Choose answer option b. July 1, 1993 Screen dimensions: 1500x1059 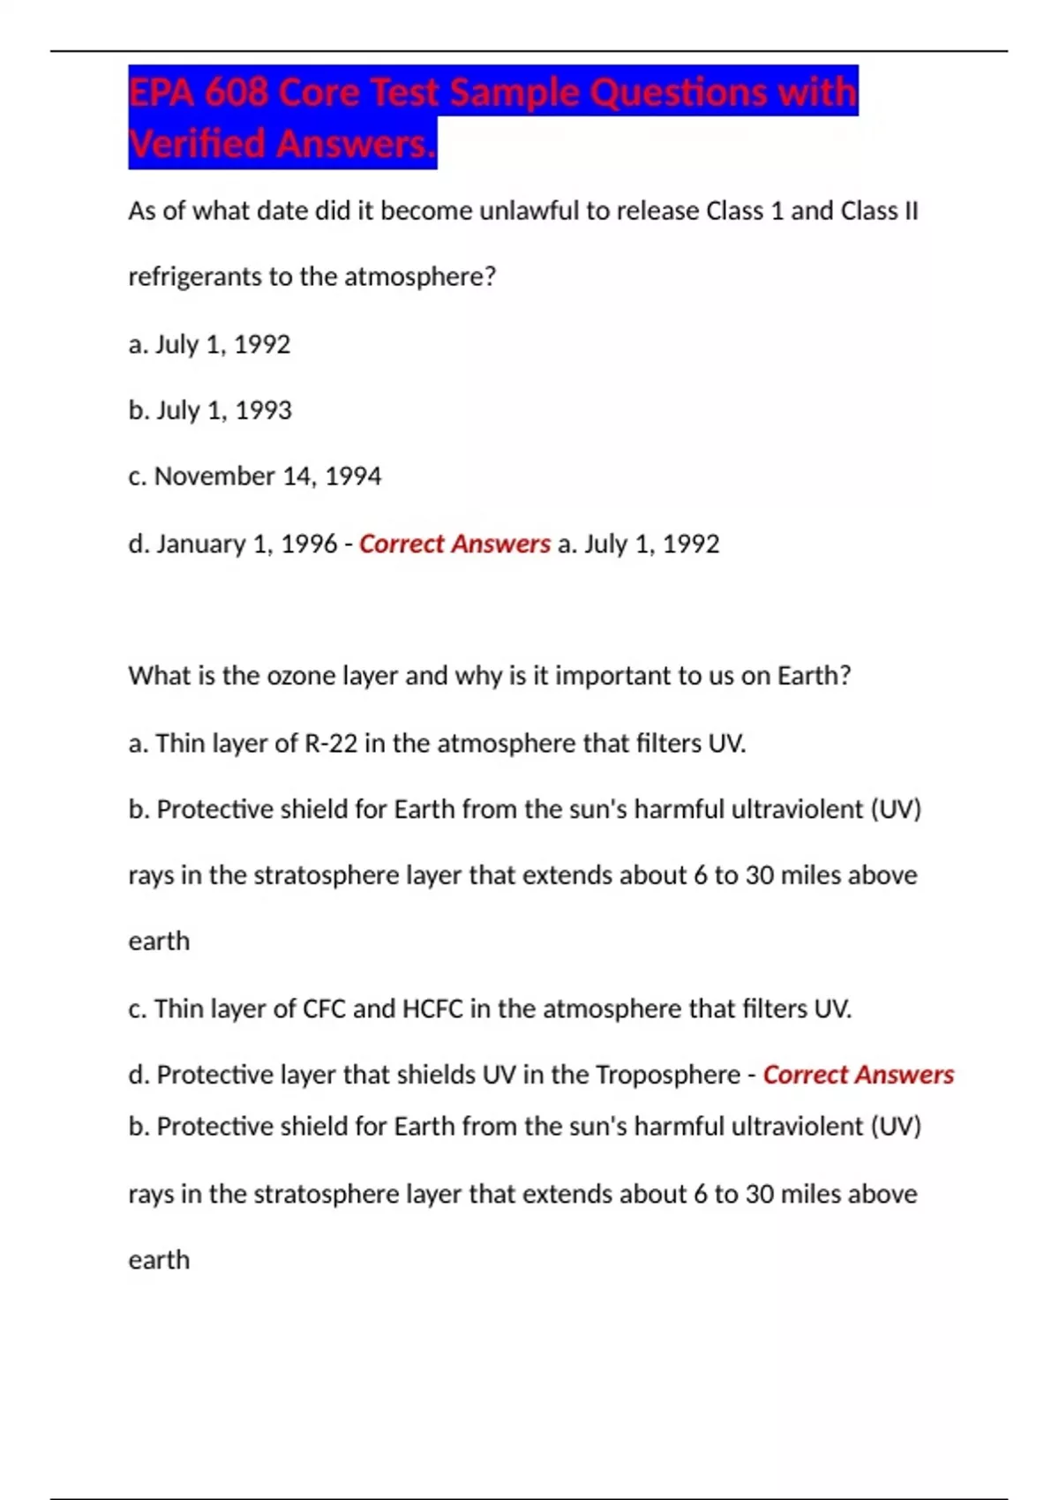click(210, 410)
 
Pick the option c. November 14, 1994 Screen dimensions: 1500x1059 click(255, 476)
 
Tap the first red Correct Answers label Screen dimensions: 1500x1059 click(454, 544)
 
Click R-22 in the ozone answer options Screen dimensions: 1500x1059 click(331, 743)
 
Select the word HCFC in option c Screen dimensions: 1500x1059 click(432, 1009)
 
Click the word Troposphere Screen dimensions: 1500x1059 click(668, 1075)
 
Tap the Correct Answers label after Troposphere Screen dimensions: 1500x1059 click(858, 1075)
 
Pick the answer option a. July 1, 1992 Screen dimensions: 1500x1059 click(210, 344)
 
